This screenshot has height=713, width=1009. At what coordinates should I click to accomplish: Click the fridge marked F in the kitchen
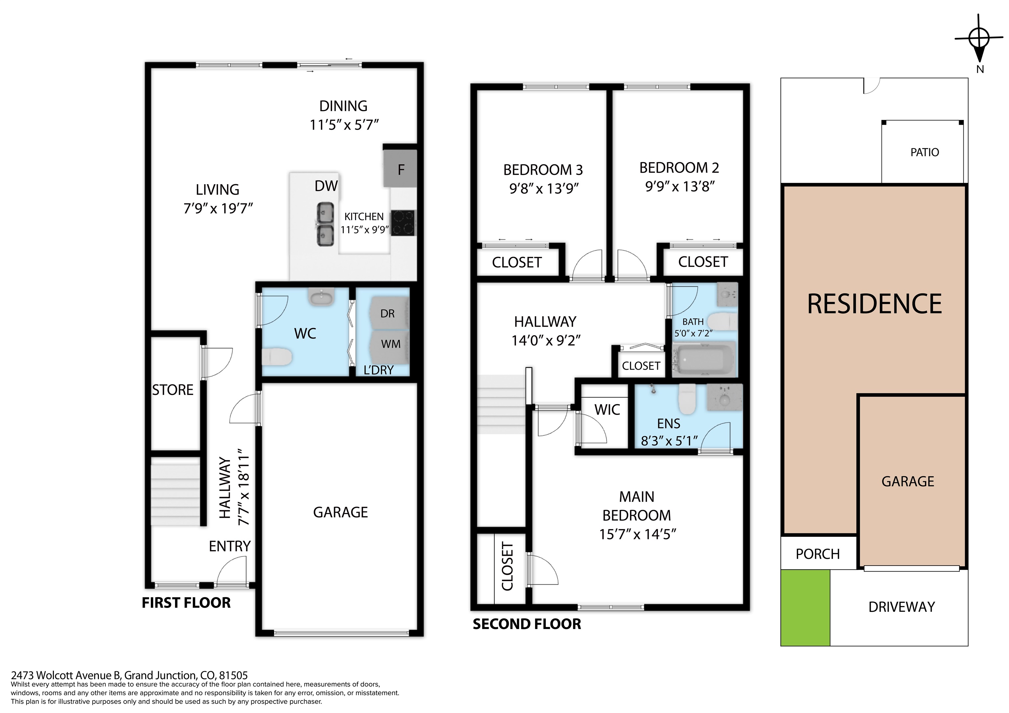(x=400, y=168)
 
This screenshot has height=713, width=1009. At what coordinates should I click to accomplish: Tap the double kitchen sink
(x=325, y=224)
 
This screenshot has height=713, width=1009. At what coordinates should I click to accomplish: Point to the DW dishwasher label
(x=326, y=186)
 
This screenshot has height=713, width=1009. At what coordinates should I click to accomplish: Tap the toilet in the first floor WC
(x=277, y=357)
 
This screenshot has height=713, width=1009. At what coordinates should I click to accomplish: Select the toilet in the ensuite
(x=687, y=399)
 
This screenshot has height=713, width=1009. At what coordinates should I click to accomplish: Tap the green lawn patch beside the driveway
(x=805, y=608)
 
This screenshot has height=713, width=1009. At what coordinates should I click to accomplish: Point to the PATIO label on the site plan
(x=925, y=152)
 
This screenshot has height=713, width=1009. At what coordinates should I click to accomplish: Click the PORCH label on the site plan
(x=818, y=554)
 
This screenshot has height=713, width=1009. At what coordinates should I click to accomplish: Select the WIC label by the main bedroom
(x=607, y=409)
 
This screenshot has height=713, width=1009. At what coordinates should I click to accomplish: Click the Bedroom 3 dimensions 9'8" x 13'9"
(x=544, y=188)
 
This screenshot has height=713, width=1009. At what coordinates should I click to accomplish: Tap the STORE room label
(x=173, y=390)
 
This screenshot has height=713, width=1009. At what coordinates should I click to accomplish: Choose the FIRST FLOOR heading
(x=186, y=603)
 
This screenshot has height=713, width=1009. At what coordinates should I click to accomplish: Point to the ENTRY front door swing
(x=232, y=571)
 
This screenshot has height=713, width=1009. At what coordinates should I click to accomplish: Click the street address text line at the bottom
(x=129, y=675)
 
